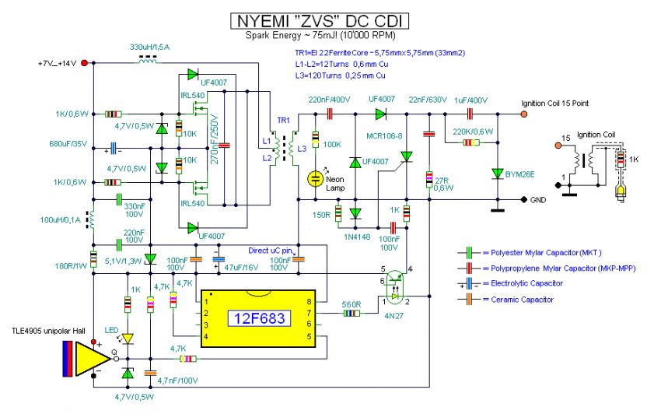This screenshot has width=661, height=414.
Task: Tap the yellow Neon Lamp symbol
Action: [x=316, y=178]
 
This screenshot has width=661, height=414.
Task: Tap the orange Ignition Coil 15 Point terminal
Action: [x=523, y=114]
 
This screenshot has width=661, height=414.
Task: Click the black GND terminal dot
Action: [x=523, y=199]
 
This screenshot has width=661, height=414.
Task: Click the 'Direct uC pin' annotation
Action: [x=271, y=251]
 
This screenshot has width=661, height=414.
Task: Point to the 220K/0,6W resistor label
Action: [x=468, y=131]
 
